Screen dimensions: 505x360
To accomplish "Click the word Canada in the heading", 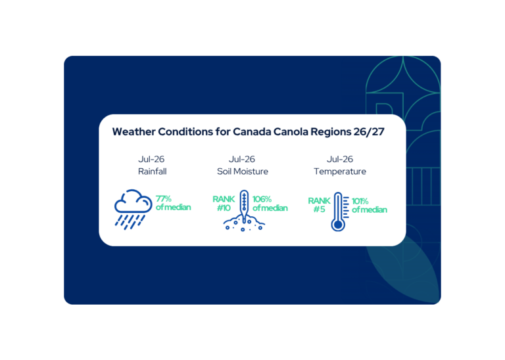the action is (x=252, y=131).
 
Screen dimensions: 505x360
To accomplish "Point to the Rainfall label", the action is (x=153, y=171).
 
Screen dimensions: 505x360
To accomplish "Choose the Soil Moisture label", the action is (x=243, y=171).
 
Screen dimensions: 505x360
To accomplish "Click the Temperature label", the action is (x=340, y=172).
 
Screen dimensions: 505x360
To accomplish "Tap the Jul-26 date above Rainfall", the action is (x=151, y=159).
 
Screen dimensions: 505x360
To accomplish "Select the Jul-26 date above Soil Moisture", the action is (x=242, y=159).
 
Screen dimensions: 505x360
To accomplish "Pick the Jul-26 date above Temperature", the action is (x=340, y=159).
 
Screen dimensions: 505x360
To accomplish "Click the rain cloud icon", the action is (x=133, y=209).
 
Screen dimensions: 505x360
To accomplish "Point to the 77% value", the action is (x=164, y=199).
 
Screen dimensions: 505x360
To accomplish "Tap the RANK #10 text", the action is (x=224, y=204).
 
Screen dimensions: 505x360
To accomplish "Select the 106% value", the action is (x=262, y=200).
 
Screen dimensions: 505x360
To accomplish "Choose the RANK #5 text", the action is (x=319, y=205).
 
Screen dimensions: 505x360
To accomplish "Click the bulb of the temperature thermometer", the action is (x=338, y=225).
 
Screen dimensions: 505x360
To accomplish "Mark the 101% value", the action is (x=360, y=202).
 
